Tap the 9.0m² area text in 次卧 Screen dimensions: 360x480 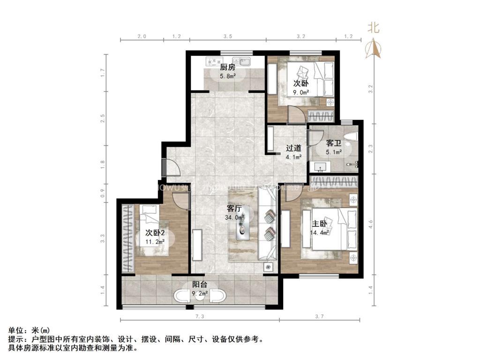(x=300, y=92)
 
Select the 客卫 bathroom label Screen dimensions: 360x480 (x=334, y=143)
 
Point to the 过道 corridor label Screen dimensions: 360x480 (x=294, y=149)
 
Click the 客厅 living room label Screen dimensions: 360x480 (x=234, y=208)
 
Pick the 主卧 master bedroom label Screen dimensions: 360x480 (x=319, y=224)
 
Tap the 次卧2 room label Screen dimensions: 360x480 (x=154, y=233)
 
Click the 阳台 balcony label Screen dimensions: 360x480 (x=200, y=285)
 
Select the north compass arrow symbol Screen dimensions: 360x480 (x=374, y=47)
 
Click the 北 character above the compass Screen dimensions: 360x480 (x=374, y=28)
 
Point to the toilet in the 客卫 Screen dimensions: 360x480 (x=350, y=135)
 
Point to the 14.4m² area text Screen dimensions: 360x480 (x=319, y=232)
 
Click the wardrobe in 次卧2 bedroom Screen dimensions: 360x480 (x=127, y=239)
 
